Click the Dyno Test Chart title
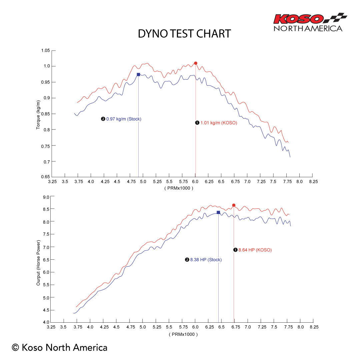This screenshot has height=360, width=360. (x=184, y=34)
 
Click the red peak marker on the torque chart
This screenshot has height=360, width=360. (x=196, y=63)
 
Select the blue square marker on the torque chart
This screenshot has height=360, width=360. (x=138, y=74)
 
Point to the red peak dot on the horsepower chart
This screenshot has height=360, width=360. (x=234, y=205)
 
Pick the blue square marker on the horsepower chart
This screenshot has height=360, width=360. (x=218, y=212)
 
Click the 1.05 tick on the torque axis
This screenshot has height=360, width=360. (x=45, y=51)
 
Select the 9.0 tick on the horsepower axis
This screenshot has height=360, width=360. (x=46, y=197)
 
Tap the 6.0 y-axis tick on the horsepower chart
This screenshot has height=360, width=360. (x=46, y=272)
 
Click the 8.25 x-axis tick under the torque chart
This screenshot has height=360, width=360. (x=313, y=182)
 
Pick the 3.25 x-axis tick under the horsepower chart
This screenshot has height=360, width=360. (x=51, y=327)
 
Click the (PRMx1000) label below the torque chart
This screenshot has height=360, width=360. (x=179, y=188)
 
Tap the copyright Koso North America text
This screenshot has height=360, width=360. (x=60, y=348)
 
